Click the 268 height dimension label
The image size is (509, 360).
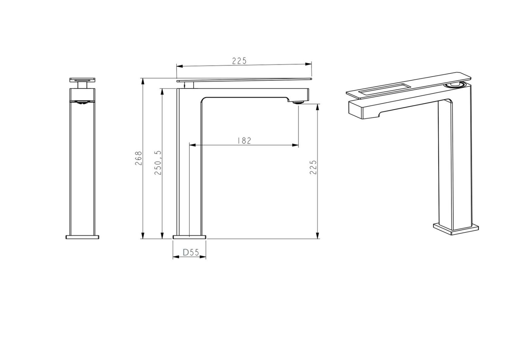139,158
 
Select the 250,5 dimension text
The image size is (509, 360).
158,163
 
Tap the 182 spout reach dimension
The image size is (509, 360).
244,141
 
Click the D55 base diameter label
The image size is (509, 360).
191,253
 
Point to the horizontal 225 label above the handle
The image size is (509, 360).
239,61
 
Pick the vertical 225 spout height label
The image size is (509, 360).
313,167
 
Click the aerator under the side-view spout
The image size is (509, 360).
298,103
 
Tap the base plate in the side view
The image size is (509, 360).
189,237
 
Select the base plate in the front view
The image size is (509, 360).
82,237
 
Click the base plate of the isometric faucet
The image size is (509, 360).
456,229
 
